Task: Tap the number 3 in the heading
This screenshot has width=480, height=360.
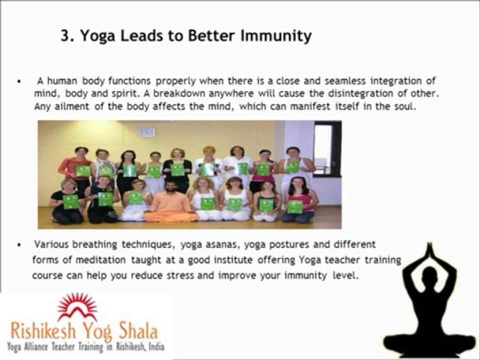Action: coord(64,36)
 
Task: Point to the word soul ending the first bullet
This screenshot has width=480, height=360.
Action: coord(404,106)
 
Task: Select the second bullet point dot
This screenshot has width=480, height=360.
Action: coord(18,245)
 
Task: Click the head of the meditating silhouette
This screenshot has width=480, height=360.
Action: coord(429,277)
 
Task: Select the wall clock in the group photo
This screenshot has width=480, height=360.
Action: coord(147,131)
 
